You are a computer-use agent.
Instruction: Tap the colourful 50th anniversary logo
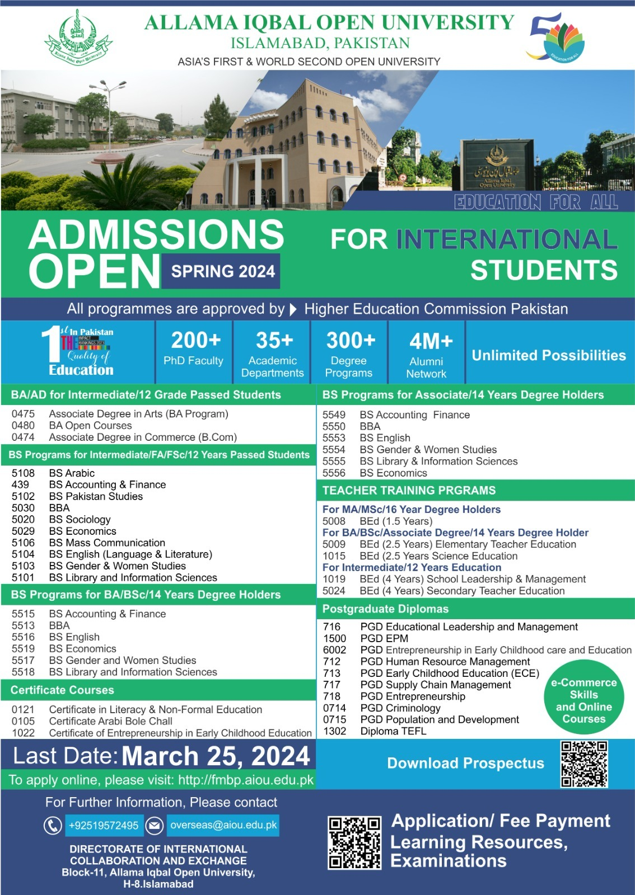click(x=555, y=38)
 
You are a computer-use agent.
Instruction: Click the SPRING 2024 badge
click(x=223, y=271)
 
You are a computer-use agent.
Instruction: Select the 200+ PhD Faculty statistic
click(x=194, y=348)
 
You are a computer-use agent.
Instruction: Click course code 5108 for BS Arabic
click(x=23, y=473)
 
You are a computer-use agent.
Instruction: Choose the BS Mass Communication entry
click(x=107, y=543)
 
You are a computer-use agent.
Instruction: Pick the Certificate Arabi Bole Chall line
click(x=110, y=721)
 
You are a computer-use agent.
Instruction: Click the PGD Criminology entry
click(x=400, y=708)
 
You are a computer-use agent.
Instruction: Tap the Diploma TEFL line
click(x=393, y=731)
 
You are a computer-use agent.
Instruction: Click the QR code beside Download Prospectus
click(x=584, y=764)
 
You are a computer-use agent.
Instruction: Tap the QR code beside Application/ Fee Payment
click(x=354, y=842)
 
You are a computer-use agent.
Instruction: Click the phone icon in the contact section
click(x=53, y=825)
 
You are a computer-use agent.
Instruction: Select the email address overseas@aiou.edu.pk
click(x=223, y=825)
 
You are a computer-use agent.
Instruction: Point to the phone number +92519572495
click(x=104, y=826)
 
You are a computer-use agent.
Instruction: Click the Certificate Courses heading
click(x=62, y=690)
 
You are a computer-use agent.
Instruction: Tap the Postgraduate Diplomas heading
click(x=385, y=609)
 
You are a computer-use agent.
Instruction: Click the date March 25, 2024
click(x=216, y=756)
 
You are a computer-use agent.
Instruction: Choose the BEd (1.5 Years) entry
click(x=396, y=521)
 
